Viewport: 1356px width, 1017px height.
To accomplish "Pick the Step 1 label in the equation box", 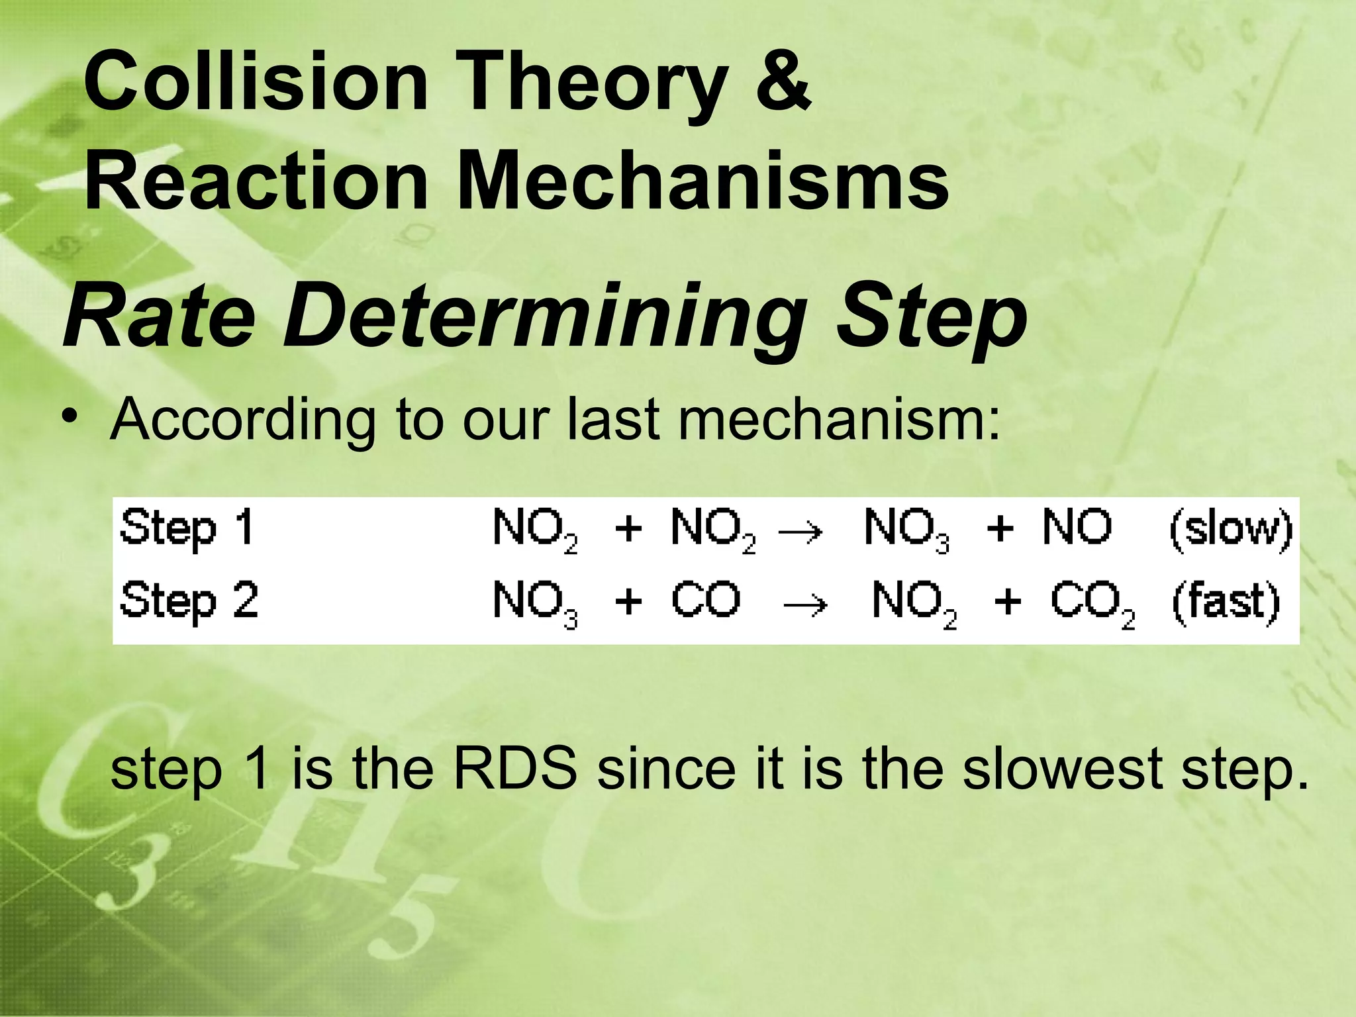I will pos(187,529).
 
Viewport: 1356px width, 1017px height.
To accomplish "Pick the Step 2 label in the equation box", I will pos(189,601).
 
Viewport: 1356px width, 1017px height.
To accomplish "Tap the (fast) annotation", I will pos(1226,602).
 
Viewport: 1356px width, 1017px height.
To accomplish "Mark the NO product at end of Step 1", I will pos(1077,528).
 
